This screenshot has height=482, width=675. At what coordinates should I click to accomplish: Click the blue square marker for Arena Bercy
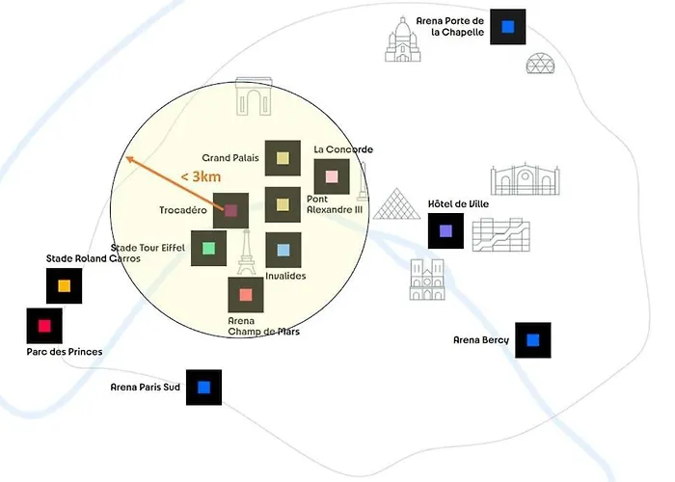pyautogui.click(x=532, y=340)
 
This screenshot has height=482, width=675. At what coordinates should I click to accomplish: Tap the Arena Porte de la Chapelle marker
pyautogui.click(x=507, y=26)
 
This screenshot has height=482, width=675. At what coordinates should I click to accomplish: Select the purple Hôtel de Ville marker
pyautogui.click(x=445, y=231)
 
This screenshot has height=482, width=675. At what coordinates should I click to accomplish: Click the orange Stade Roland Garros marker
pyautogui.click(x=64, y=285)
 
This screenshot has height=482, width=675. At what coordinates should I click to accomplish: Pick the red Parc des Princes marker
pyautogui.click(x=44, y=326)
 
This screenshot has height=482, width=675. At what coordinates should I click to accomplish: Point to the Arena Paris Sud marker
pyautogui.click(x=203, y=388)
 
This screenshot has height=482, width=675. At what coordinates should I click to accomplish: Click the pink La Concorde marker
pyautogui.click(x=332, y=176)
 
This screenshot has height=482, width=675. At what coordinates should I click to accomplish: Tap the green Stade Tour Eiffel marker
pyautogui.click(x=208, y=249)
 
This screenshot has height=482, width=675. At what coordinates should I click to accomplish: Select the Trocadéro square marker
pyautogui.click(x=231, y=210)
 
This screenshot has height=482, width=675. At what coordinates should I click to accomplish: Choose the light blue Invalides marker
pyautogui.click(x=283, y=251)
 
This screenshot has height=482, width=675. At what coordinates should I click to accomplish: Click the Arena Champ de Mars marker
pyautogui.click(x=246, y=295)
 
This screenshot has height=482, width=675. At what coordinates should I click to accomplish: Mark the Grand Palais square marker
pyautogui.click(x=283, y=158)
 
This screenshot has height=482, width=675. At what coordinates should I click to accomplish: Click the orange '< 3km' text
pyautogui.click(x=200, y=177)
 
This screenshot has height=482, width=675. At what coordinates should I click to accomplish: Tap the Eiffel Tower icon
pyautogui.click(x=246, y=254)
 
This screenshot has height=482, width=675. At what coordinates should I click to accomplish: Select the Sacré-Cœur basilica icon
pyautogui.click(x=403, y=40)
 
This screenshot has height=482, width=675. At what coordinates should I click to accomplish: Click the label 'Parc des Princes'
pyautogui.click(x=65, y=352)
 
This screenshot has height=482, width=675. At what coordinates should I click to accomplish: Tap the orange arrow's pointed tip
pyautogui.click(x=126, y=157)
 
